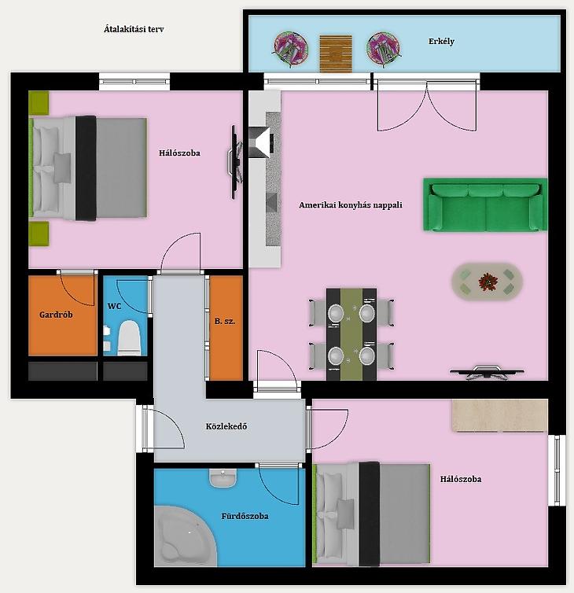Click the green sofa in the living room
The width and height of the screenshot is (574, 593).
tap(485, 204)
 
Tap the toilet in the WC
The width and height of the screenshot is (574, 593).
tap(129, 337)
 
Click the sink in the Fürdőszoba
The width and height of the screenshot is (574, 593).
tap(223, 478)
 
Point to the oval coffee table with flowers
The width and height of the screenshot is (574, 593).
tap(487, 282)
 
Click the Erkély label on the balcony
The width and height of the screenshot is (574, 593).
tap(441, 41)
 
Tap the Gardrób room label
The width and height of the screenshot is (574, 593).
tap(56, 315)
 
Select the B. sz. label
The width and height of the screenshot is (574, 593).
tap(225, 322)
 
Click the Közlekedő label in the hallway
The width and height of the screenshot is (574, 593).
tap(226, 426)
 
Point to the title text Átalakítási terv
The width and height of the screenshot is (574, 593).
tap(134, 29)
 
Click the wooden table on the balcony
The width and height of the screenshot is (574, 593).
tap(336, 53)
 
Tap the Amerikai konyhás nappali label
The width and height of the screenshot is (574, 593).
tap(351, 205)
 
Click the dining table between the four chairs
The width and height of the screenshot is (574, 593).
tap(351, 334)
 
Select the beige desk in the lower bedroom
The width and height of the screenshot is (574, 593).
tap(499, 415)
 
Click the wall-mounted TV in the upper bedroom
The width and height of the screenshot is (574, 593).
tap(235, 162)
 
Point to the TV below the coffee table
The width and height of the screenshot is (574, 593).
tap(487, 372)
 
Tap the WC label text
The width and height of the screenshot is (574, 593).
tap(114, 306)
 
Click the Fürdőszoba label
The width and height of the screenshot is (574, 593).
tap(245, 516)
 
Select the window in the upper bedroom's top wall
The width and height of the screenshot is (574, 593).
tap(134, 81)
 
